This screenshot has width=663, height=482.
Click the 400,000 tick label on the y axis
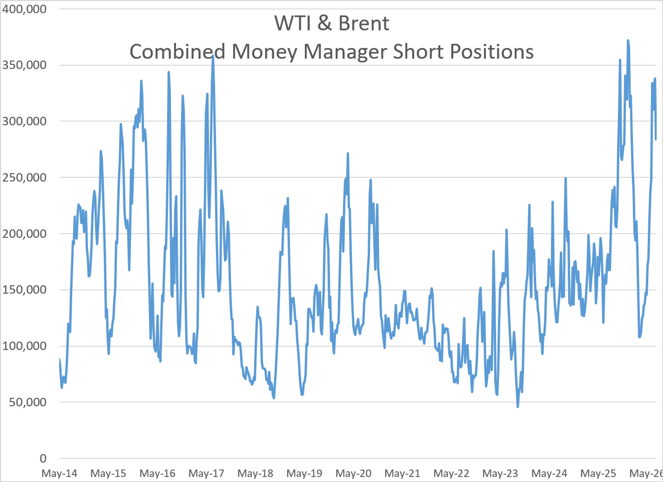[x=24, y=9]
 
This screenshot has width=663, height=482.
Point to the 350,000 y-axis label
[x=24, y=65]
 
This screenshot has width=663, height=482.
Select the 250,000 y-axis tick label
[x=24, y=177]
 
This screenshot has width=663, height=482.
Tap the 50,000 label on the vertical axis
[x=28, y=402]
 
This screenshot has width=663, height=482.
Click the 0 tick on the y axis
[x=43, y=458]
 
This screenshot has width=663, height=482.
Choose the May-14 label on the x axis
[x=59, y=473]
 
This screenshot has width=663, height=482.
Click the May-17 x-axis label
[x=206, y=473]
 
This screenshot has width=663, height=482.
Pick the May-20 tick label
[x=353, y=473]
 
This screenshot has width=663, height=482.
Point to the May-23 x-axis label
[x=500, y=473]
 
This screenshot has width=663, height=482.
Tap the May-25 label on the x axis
[x=598, y=473]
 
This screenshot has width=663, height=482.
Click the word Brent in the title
[x=364, y=23]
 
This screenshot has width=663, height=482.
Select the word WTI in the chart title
[x=292, y=23]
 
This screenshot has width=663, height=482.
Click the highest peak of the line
[x=628, y=40]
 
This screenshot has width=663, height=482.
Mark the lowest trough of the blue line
[x=518, y=407]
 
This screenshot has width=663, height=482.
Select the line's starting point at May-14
[x=59, y=359]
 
